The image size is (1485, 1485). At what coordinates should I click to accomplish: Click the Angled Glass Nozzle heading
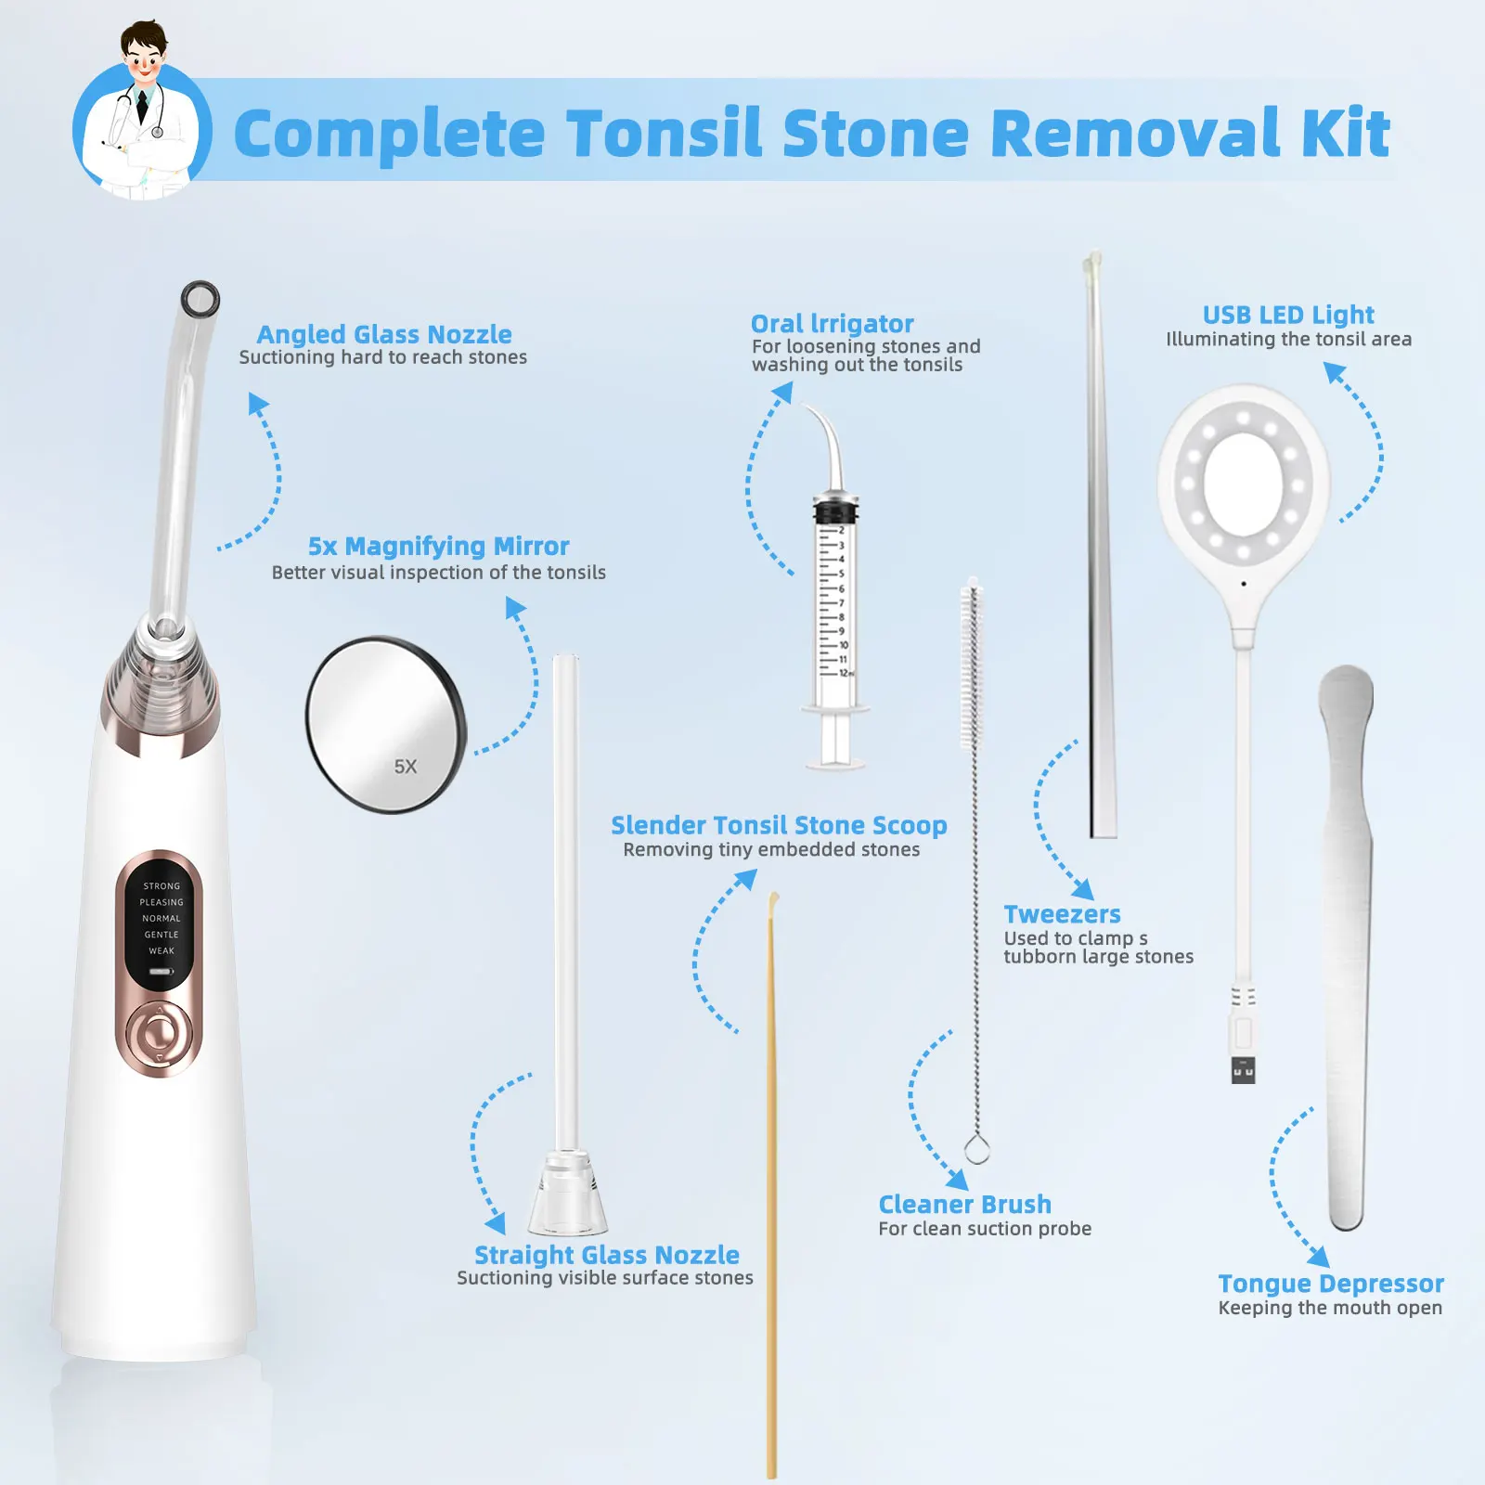[384, 334]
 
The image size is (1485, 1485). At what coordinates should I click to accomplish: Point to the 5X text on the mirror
[406, 767]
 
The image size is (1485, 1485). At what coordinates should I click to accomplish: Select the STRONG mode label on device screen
[161, 886]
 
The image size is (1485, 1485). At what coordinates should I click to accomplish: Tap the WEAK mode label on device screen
[161, 950]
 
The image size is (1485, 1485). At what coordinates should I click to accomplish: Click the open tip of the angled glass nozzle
[200, 299]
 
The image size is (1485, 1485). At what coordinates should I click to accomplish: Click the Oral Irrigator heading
[832, 324]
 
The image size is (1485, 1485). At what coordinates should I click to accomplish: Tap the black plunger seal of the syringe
[835, 511]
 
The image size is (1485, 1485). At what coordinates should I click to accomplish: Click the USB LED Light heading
[1288, 315]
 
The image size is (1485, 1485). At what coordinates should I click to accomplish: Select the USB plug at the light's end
[1243, 1069]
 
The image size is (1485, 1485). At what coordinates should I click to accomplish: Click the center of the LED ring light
[1243, 483]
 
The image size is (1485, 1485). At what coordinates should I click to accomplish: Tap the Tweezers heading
[1062, 914]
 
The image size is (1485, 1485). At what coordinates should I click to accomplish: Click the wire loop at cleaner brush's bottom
[976, 1149]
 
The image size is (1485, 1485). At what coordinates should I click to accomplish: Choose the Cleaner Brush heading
[964, 1205]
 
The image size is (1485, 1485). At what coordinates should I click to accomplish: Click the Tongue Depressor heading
[1330, 1284]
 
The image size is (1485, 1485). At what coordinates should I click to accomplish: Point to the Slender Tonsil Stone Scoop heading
[779, 825]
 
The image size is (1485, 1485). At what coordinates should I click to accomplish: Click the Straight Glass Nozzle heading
[607, 1255]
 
